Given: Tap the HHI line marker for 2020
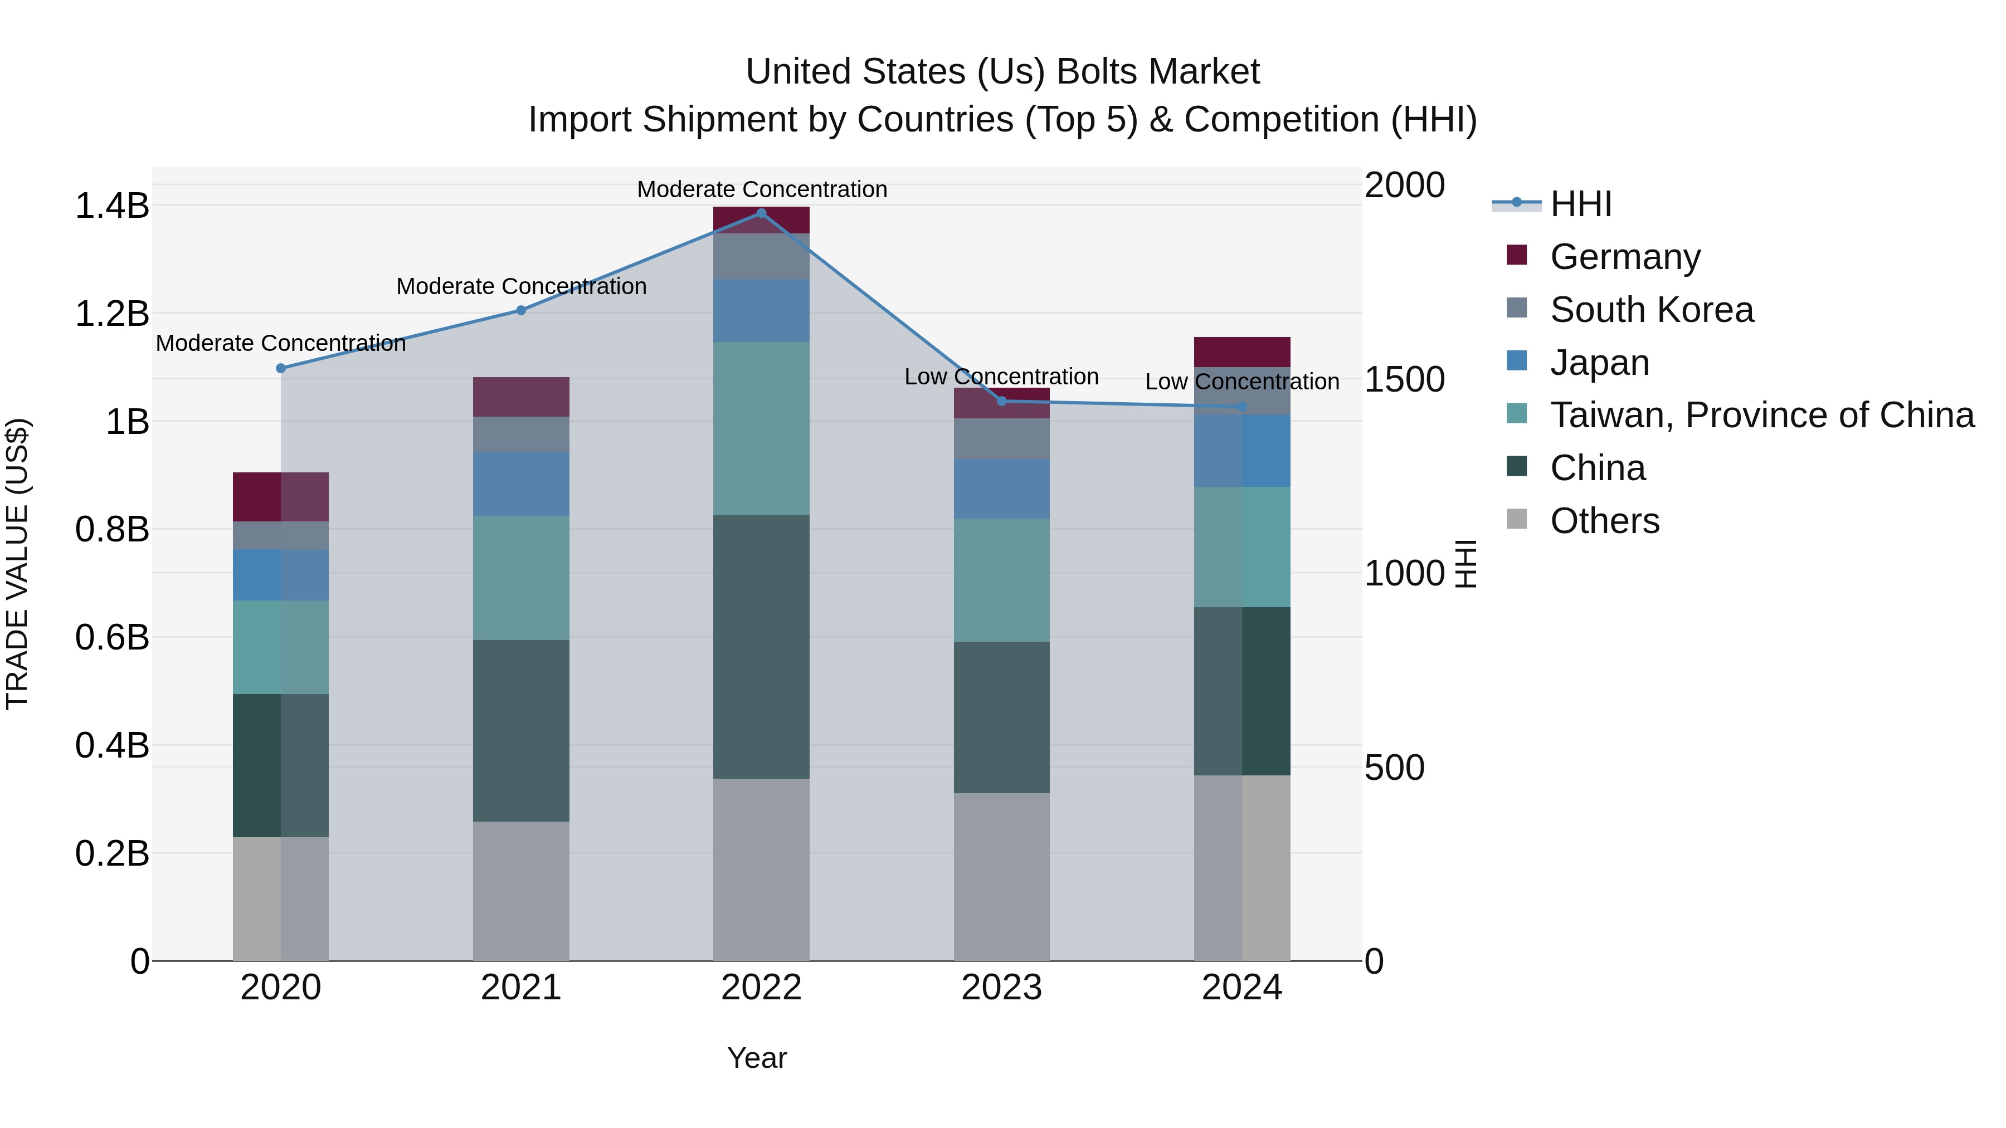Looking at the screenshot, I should [x=281, y=368].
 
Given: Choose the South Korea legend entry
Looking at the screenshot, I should [x=1651, y=309].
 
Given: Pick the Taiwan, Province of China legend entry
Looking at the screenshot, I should [x=1761, y=415].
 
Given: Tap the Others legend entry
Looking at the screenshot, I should [x=1604, y=521].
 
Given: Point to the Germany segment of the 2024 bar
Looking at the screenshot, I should [x=1242, y=352].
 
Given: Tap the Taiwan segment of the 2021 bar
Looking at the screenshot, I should [x=521, y=578].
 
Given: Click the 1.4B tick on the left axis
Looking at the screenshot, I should [x=111, y=206].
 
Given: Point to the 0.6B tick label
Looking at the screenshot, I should [x=111, y=638].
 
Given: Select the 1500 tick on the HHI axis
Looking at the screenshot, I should [x=1405, y=380].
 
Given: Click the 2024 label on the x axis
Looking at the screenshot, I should [x=1242, y=988].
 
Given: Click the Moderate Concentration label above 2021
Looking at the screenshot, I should [x=521, y=286].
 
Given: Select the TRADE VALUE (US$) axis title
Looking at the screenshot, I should [x=17, y=564].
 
